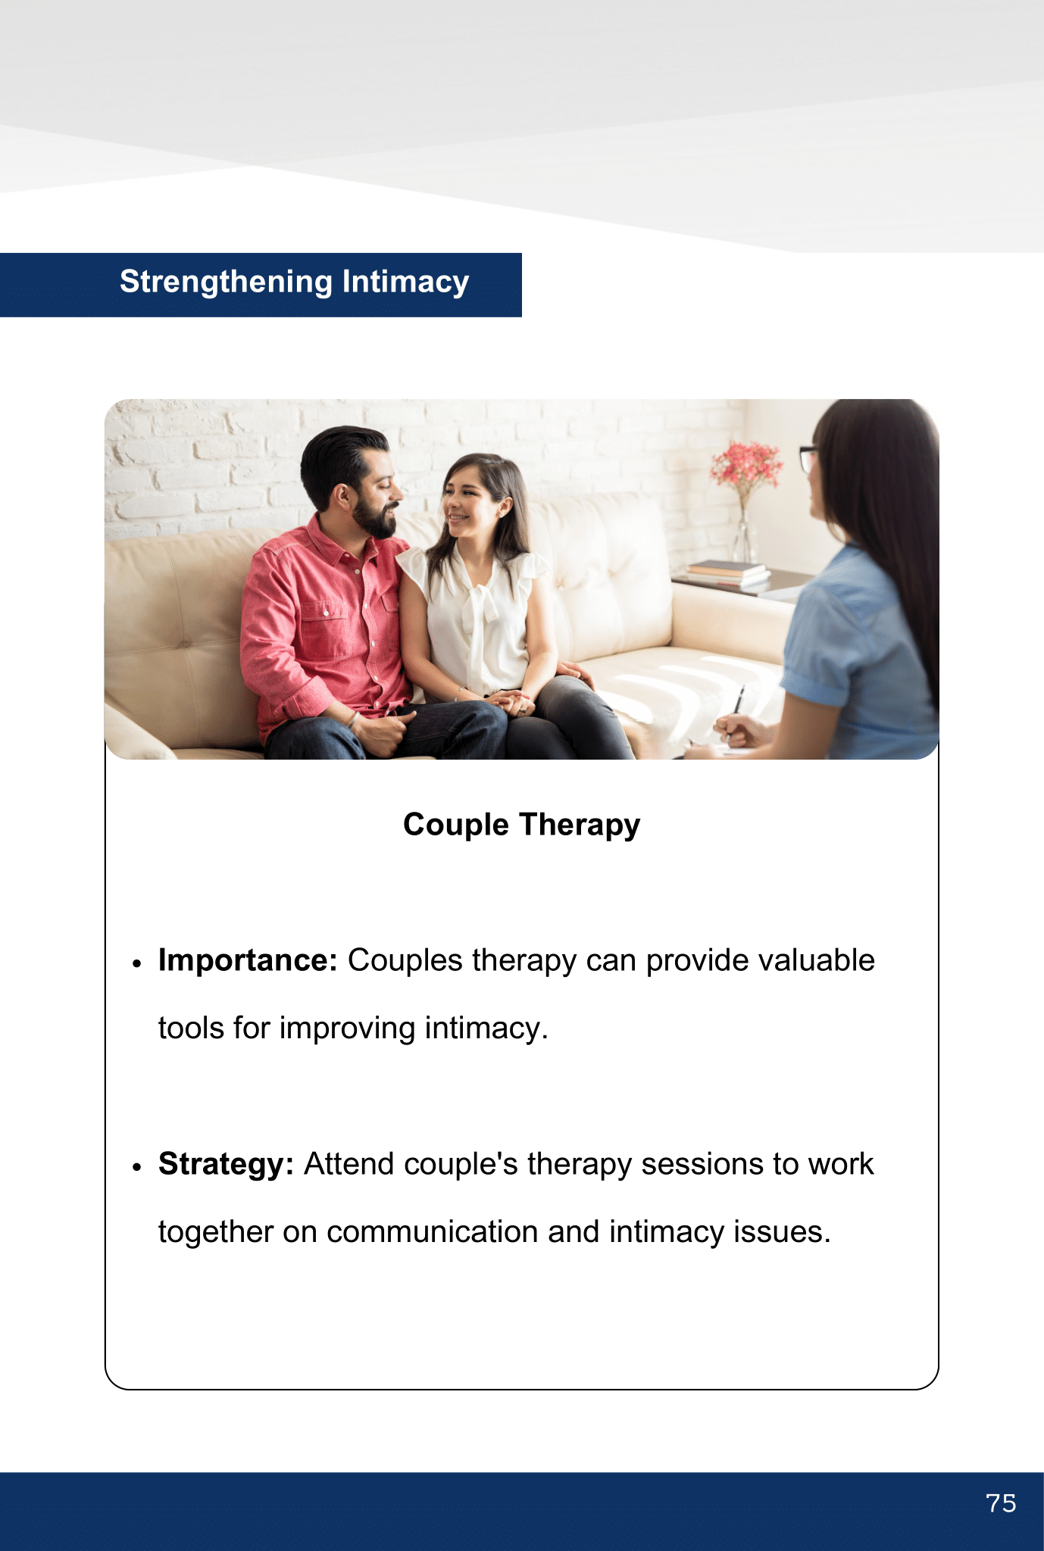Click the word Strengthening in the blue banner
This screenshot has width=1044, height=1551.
click(227, 282)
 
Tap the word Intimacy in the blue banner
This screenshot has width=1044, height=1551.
click(405, 282)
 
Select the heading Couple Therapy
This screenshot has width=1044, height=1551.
click(522, 825)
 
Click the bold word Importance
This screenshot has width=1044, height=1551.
click(248, 960)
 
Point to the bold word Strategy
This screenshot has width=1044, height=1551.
click(226, 1164)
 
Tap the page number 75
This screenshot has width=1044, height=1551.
click(1001, 1503)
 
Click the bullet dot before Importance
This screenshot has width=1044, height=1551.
click(137, 964)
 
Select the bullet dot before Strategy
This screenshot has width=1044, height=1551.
click(137, 1168)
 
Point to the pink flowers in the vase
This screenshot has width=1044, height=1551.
click(747, 463)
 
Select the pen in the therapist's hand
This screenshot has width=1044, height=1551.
click(737, 704)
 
